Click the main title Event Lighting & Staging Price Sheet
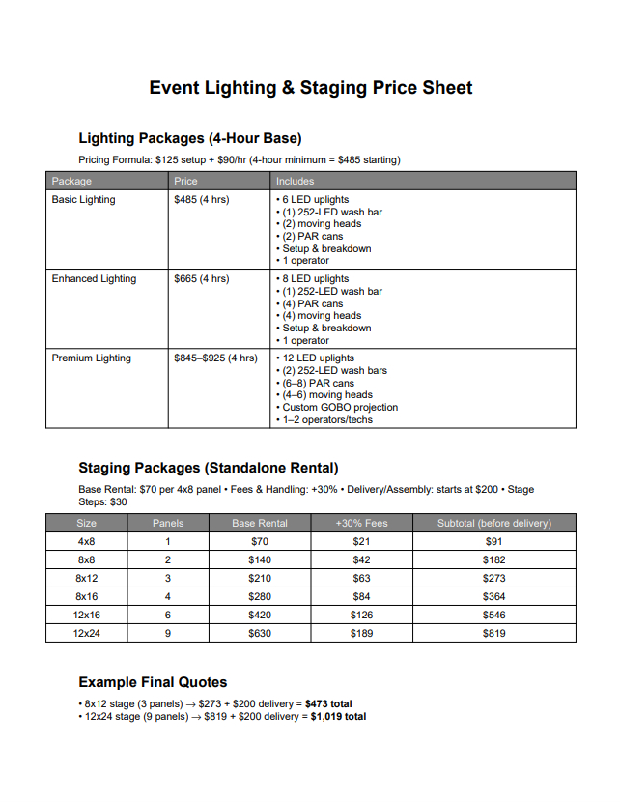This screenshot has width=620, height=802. point(310,88)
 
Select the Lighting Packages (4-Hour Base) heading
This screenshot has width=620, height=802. point(189,138)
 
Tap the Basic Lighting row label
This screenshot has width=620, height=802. point(83,200)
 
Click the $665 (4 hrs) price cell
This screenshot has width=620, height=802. point(201,279)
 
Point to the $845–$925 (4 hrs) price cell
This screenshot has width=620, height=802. point(215,358)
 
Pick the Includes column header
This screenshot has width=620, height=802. point(295,181)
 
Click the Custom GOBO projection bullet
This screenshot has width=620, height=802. point(340,408)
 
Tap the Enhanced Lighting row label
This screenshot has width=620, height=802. point(94,279)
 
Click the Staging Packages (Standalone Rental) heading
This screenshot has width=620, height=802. point(208,469)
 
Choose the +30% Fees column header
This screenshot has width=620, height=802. point(361,523)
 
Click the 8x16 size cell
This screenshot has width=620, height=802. point(86,597)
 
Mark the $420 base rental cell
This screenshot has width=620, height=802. point(260,616)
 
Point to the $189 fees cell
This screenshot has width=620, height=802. point(361,634)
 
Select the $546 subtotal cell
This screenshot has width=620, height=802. point(494,616)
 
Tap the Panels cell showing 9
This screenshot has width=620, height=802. point(168,634)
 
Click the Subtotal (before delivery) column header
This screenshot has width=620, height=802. point(494,523)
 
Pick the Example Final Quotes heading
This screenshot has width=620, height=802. point(153,682)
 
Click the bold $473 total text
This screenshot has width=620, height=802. point(328,704)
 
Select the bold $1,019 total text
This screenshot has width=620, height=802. point(338,717)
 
